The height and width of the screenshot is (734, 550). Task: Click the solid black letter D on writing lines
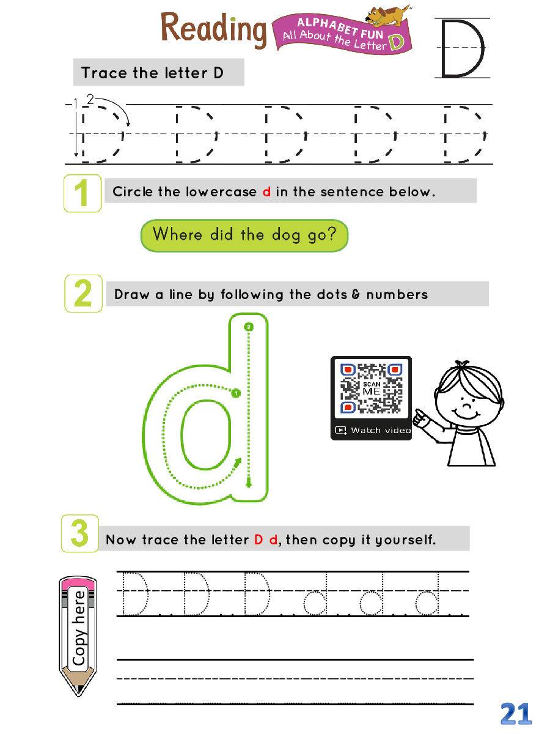[463, 48]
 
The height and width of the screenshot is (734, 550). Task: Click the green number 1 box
[82, 193]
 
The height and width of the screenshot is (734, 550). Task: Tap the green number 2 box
[83, 293]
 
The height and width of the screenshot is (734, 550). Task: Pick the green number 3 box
[80, 533]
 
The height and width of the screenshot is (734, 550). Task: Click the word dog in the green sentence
[285, 235]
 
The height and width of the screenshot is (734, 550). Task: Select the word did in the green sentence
[221, 234]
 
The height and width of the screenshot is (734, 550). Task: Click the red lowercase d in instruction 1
[266, 191]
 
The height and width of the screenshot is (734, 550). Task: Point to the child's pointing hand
[420, 418]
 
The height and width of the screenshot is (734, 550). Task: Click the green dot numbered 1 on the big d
[236, 393]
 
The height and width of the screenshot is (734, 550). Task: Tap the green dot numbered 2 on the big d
[249, 327]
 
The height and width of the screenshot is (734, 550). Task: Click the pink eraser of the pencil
[78, 584]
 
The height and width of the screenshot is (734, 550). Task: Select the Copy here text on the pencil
[79, 628]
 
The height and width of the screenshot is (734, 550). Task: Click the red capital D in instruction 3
[258, 539]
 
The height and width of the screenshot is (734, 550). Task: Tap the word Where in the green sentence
[178, 234]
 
